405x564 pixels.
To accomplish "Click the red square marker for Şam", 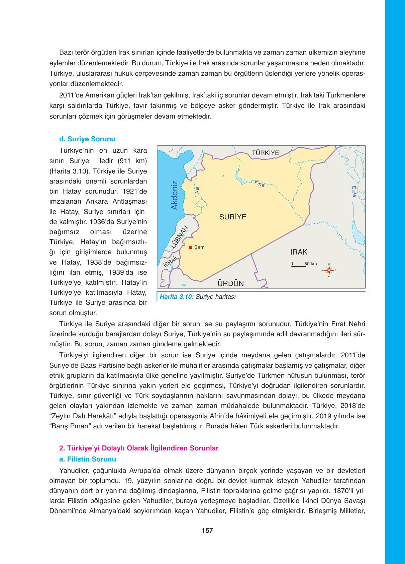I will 191,248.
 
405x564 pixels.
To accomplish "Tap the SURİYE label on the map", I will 233,217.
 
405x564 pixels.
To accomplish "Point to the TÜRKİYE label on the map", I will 265,153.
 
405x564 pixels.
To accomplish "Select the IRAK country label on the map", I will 299,252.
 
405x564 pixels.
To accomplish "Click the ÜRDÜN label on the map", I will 230,284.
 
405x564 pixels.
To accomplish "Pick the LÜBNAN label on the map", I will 180,237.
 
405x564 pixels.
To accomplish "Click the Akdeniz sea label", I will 174,195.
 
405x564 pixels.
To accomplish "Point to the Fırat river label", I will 259,184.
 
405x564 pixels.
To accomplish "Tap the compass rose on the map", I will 329,270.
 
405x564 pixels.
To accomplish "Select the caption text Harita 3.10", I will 177,296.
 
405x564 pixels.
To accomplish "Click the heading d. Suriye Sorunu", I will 87,139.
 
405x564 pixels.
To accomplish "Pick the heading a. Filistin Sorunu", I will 87,459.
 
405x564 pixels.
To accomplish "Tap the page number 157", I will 207,531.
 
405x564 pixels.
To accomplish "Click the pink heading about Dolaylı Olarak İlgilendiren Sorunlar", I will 138,448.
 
